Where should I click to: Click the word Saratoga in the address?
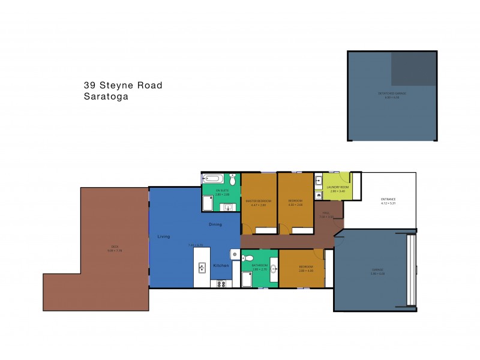tap(106, 95)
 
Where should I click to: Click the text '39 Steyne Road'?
tap(123, 85)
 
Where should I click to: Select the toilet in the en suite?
tap(233, 179)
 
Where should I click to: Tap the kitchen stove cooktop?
tap(220, 284)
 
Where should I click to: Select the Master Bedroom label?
tap(259, 200)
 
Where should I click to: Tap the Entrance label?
tap(388, 199)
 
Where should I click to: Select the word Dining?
tap(215, 224)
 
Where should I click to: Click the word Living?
tap(164, 237)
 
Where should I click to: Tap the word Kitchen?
tap(220, 265)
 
